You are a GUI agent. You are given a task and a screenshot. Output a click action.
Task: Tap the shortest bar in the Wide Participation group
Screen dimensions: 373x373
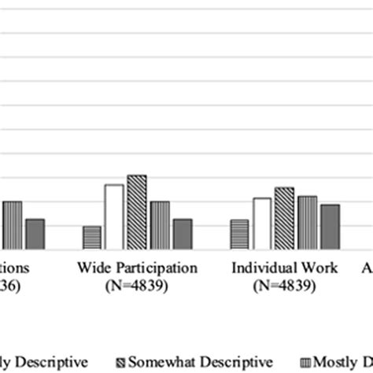click(91, 238)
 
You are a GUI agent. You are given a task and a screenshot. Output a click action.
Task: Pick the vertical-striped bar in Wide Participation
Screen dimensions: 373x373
click(160, 225)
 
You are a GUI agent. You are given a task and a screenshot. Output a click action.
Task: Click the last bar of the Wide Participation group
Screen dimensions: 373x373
click(183, 234)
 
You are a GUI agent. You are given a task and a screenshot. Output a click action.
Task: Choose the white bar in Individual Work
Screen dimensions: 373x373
click(262, 223)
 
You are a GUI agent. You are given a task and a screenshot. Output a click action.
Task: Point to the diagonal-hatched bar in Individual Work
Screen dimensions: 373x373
click(284, 218)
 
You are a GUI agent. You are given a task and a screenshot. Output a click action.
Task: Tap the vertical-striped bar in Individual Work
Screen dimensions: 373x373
click(307, 223)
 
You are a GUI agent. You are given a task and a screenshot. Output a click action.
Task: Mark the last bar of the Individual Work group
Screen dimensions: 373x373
click(330, 227)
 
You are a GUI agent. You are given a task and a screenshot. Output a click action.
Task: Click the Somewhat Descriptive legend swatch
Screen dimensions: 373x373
click(120, 363)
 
